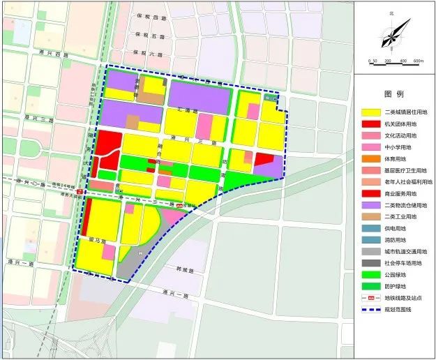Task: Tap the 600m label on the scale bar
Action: tap(418, 61)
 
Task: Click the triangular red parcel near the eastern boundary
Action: tap(264, 159)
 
